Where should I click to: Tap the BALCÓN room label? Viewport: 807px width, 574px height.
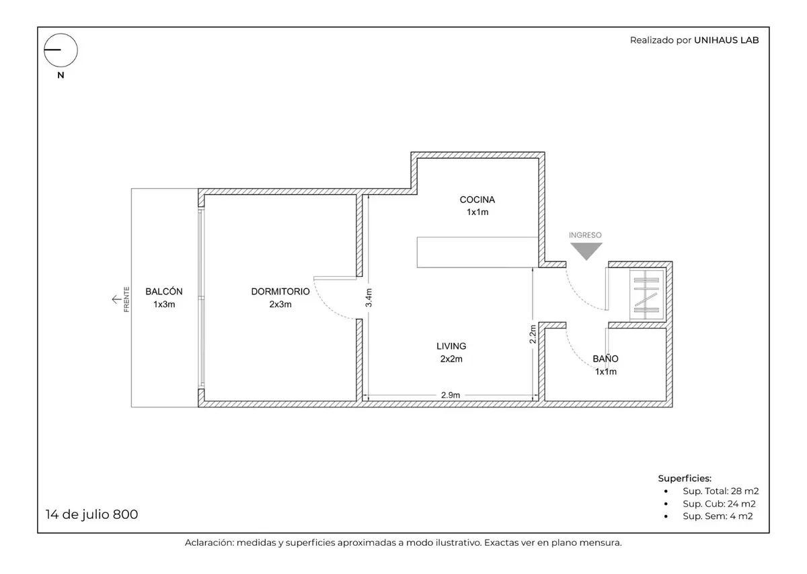click(x=164, y=291)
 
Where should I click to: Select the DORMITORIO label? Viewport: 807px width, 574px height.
click(x=280, y=291)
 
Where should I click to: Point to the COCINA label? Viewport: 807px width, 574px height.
click(x=477, y=200)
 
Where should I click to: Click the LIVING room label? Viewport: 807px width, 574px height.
click(x=451, y=346)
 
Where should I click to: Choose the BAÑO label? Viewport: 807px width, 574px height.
click(x=606, y=359)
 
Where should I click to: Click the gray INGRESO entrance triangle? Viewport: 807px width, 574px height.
click(x=586, y=251)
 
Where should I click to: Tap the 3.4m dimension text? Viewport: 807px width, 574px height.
click(x=369, y=298)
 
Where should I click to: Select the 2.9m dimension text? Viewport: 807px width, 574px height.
click(x=451, y=395)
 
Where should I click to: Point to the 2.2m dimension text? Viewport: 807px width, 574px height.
click(x=533, y=334)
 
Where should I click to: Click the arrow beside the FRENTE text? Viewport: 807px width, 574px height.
click(x=117, y=299)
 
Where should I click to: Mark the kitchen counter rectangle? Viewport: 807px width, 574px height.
click(x=477, y=253)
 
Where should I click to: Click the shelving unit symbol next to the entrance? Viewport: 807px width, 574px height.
click(x=647, y=295)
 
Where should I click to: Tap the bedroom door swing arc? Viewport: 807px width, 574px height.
click(x=326, y=309)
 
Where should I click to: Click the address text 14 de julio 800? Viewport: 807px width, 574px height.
click(x=91, y=514)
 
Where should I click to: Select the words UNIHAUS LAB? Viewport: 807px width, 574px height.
click(x=726, y=40)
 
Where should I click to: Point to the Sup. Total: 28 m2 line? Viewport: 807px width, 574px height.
click(x=720, y=491)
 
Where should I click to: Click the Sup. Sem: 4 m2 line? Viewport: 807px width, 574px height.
click(x=718, y=516)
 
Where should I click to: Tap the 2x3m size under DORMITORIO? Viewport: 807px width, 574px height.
click(x=280, y=304)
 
